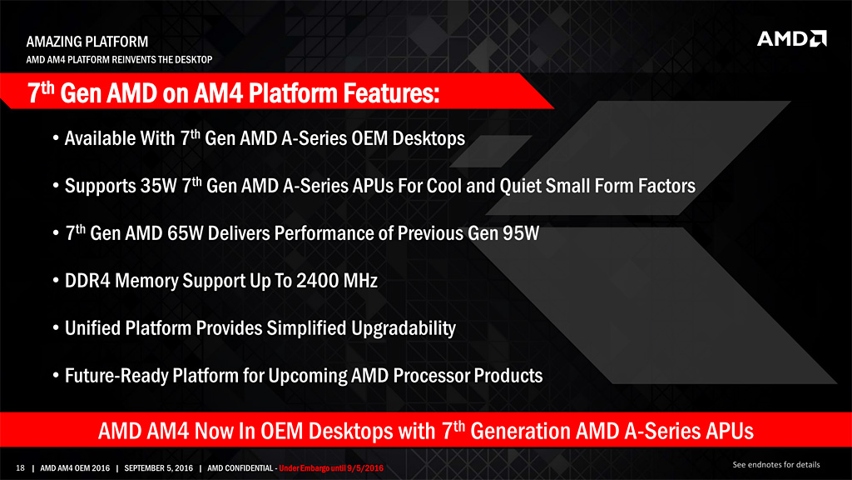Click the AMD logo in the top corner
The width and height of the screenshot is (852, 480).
[792, 38]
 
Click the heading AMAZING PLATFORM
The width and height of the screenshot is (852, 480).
[87, 42]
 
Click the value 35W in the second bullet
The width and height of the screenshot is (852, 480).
[159, 186]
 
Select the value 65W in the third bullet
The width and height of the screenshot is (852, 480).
[186, 233]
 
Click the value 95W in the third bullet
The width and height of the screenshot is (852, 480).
[521, 233]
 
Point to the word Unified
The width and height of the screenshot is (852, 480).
[92, 328]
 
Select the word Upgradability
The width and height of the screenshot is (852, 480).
[404, 328]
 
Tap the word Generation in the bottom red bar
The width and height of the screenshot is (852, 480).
[520, 432]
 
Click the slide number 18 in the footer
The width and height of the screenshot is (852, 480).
[20, 468]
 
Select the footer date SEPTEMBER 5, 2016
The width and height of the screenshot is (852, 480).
[159, 468]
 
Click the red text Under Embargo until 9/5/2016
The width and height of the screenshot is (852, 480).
[331, 468]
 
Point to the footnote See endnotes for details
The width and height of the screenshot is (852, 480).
[776, 465]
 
